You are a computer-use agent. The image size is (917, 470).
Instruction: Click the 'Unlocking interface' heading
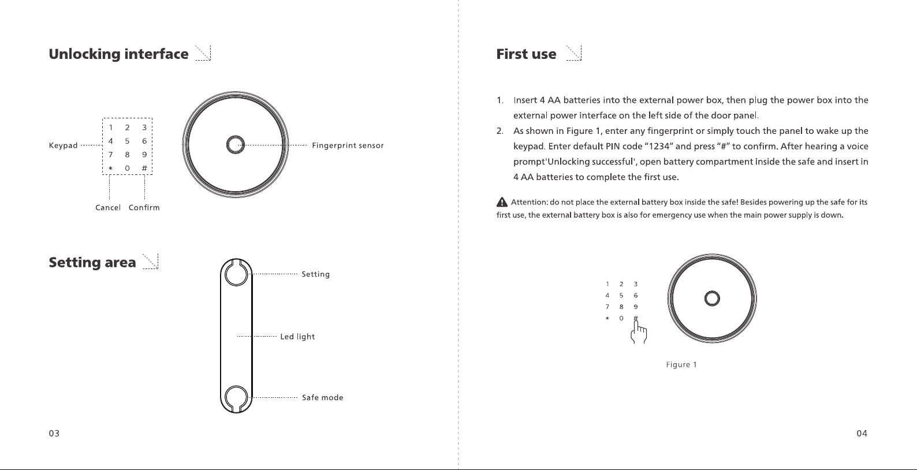point(118,54)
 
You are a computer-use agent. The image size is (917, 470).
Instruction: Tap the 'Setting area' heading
point(92,263)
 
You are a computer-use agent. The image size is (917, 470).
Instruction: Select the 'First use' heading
point(526,54)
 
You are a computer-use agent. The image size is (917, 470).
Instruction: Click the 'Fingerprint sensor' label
point(348,146)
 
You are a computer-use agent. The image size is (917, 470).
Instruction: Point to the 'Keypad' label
point(63,146)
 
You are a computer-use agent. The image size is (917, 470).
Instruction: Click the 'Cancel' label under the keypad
point(108,207)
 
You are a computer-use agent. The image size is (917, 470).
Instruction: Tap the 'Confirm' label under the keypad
point(144,207)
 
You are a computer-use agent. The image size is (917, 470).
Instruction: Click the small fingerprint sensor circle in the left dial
point(236,144)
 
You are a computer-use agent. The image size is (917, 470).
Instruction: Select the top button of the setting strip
point(236,274)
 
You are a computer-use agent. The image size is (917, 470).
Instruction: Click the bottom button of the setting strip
point(236,397)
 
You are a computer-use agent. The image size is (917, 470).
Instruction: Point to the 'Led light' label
point(297,337)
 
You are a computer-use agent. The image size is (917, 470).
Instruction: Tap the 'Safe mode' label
point(323,397)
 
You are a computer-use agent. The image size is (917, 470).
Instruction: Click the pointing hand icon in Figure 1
point(638,332)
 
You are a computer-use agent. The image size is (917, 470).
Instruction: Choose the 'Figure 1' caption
point(681,365)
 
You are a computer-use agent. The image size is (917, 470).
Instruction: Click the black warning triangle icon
point(502,202)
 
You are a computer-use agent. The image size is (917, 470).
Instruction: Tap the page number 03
point(54,433)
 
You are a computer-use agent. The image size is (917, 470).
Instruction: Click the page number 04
point(862,433)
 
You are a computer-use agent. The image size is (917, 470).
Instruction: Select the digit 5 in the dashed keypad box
point(127,141)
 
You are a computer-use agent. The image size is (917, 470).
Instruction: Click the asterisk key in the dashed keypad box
point(110,168)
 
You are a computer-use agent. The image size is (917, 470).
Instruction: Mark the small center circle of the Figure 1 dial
point(712,299)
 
